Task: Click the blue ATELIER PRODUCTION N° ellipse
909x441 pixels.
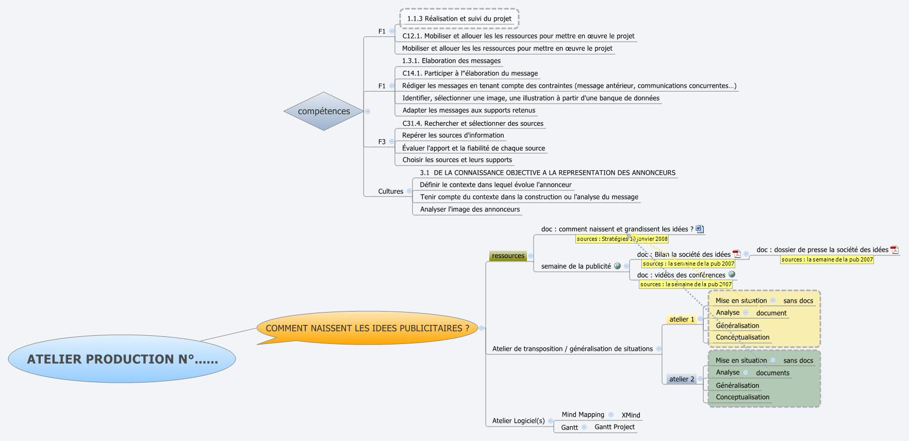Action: click(x=122, y=359)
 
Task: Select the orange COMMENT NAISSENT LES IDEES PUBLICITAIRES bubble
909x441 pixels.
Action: click(x=367, y=328)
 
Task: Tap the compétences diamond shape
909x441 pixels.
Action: click(x=324, y=111)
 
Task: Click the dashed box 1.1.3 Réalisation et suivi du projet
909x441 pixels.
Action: click(x=459, y=19)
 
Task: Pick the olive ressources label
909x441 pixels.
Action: click(x=508, y=256)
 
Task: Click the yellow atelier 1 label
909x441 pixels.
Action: click(x=682, y=319)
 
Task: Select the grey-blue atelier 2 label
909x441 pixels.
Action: click(x=682, y=379)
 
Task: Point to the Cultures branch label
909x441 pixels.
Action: click(x=390, y=191)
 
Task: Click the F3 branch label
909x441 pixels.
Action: click(x=382, y=142)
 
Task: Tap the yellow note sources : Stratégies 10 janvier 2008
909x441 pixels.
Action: click(x=622, y=239)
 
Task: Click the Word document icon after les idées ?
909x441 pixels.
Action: click(x=700, y=229)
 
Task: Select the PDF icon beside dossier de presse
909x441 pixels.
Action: click(x=894, y=250)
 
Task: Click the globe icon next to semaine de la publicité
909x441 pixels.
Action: click(x=617, y=266)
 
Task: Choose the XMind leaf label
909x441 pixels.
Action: click(x=631, y=415)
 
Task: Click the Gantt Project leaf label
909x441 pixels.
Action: click(x=615, y=427)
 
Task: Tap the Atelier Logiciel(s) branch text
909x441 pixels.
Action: click(x=518, y=421)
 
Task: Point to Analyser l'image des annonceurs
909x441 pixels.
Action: click(x=470, y=209)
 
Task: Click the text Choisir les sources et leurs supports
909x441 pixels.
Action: click(x=457, y=160)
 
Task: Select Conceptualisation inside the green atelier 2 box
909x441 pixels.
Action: click(x=742, y=397)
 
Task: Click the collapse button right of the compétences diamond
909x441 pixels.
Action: click(x=368, y=111)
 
